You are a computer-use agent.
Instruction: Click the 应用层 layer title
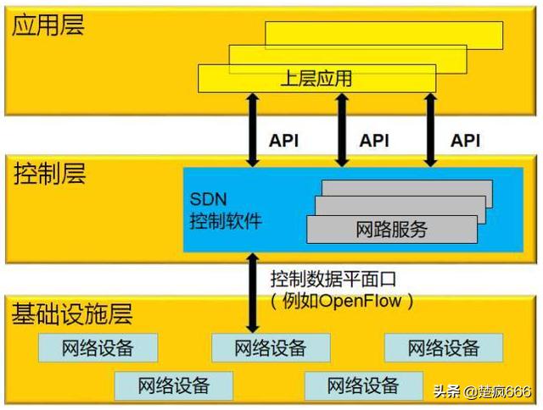coord(48,25)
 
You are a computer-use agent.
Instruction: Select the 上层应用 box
coord(316,80)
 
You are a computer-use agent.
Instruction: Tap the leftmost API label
coord(283,141)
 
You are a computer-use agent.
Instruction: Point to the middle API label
coord(375,141)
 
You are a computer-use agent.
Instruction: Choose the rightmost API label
coord(465,141)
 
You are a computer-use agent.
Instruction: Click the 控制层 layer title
coord(48,176)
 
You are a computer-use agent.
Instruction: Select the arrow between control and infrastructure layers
coord(251,293)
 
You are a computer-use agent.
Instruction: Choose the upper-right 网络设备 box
coord(444,348)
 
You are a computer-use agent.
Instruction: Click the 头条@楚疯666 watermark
coord(482,391)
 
